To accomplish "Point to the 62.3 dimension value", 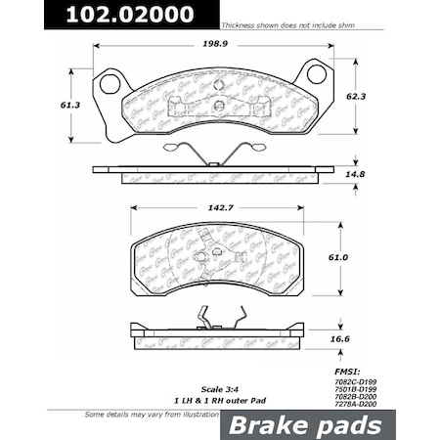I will click(371, 98).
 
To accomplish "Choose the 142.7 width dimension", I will click(217, 207).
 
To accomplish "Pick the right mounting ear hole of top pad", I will click(315, 73).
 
